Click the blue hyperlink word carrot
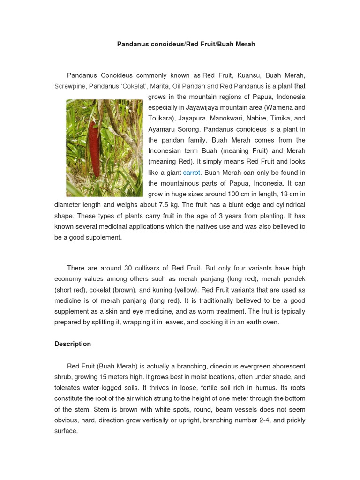[191, 172]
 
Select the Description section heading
[73, 344]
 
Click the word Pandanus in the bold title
[132, 44]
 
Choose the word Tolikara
[161, 119]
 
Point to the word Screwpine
[69, 86]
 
